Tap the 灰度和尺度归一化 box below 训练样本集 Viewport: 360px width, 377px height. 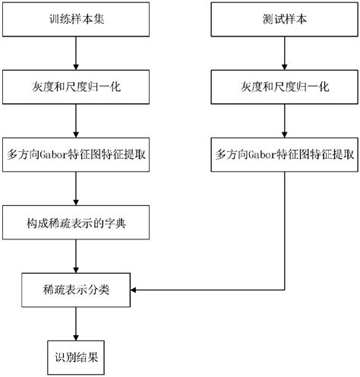(75, 87)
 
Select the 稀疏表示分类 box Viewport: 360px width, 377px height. (75, 289)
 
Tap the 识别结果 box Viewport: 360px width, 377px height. (75, 355)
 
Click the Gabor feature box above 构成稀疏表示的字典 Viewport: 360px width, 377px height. (75, 154)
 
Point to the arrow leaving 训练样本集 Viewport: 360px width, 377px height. (75, 53)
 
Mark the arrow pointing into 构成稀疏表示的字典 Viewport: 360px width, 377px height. (75, 188)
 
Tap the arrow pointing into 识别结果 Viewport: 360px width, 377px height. (75, 322)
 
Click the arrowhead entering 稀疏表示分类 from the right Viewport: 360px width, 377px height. (136, 289)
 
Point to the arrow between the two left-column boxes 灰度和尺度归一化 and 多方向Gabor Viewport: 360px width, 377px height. (75, 120)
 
